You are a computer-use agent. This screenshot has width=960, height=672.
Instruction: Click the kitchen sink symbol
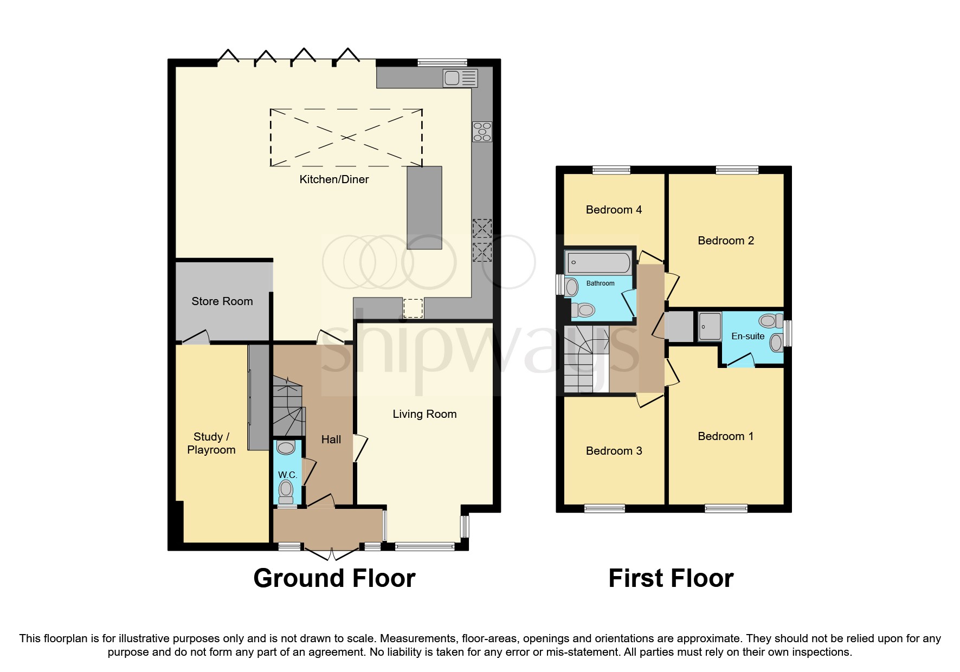point(460,79)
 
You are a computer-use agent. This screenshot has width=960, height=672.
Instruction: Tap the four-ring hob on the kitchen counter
point(482,132)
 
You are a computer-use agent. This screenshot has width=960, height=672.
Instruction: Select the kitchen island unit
point(424,208)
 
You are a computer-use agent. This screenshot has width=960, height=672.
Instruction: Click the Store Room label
point(222,301)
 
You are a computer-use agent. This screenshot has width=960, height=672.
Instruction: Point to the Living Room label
point(424,414)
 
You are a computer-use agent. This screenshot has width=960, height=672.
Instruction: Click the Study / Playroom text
point(211,443)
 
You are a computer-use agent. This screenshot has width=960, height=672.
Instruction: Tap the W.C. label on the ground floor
point(287,475)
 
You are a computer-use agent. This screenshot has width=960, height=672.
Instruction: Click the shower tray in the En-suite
point(709,326)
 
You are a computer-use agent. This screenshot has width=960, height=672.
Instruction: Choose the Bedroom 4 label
point(614,210)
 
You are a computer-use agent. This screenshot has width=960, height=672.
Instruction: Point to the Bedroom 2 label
point(725,241)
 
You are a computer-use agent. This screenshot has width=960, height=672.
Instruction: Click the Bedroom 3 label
point(614,451)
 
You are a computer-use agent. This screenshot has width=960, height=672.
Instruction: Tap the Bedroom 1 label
point(725,436)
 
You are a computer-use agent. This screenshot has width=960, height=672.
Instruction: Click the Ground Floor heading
point(334,578)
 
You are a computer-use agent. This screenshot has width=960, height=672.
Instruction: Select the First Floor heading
point(671,578)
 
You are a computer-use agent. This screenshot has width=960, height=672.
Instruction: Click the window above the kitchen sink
point(442,63)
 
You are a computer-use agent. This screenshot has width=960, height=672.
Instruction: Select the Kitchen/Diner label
point(334,179)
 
